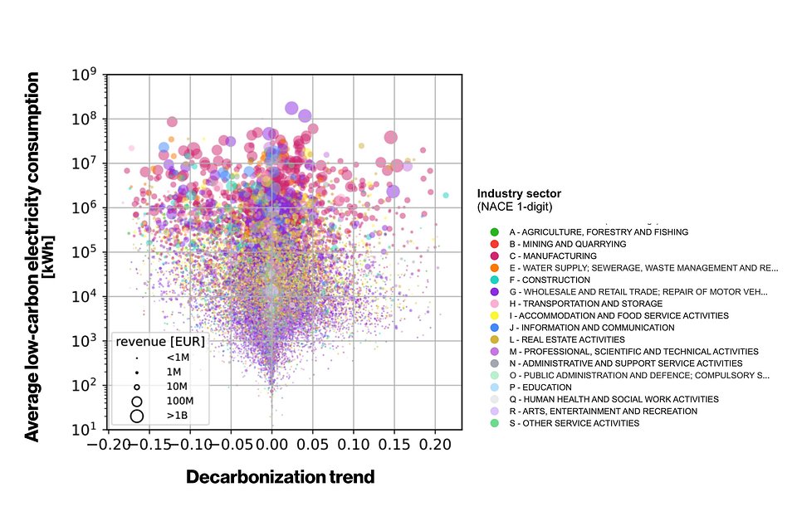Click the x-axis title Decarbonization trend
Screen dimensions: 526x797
click(x=280, y=477)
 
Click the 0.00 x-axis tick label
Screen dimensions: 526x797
click(x=271, y=446)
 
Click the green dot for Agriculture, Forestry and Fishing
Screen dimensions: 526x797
click(x=495, y=232)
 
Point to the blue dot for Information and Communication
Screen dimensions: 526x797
click(x=495, y=328)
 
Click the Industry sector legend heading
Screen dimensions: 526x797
click(x=519, y=193)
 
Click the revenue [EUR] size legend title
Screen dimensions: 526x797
click(x=160, y=341)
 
